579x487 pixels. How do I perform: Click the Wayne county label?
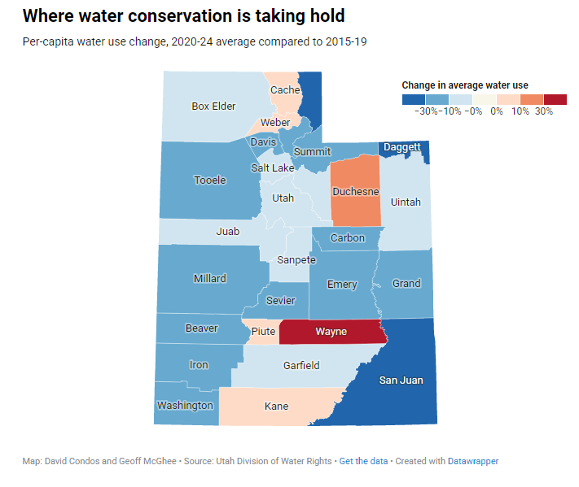pos(331,332)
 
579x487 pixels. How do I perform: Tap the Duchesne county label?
pos(356,192)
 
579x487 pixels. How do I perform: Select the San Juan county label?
pos(401,380)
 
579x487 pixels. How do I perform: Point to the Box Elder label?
pos(213,106)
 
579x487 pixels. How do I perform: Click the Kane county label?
pos(277,407)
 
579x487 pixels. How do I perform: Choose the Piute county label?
pos(263,332)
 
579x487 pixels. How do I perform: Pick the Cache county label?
pos(285,90)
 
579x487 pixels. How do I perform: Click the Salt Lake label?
pos(273,167)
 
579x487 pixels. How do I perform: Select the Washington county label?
pos(185,405)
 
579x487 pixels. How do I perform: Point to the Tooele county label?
pos(210,180)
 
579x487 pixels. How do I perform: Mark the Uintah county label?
pos(406,202)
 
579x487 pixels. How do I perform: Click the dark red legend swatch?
pos(555,99)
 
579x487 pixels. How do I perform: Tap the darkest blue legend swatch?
pos(414,99)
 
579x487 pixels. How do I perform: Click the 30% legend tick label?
pos(544,111)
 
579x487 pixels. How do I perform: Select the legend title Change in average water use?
pos(465,85)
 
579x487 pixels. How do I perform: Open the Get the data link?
pos(363,461)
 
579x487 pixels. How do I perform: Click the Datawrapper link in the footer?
pos(473,461)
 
